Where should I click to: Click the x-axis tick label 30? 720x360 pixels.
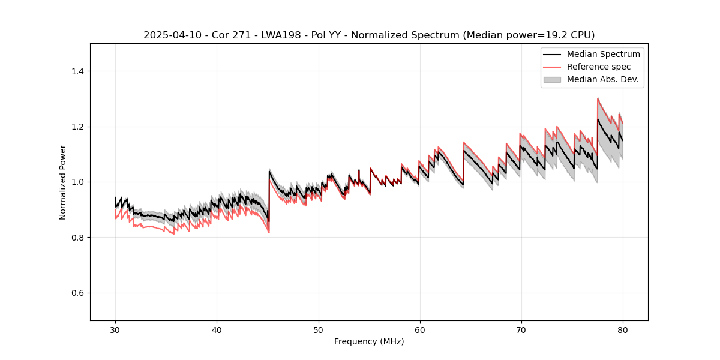pyautogui.click(x=115, y=330)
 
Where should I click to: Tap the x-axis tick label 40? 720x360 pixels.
pyautogui.click(x=217, y=330)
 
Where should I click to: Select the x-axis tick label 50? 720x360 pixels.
pyautogui.click(x=318, y=330)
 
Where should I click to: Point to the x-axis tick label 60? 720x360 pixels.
pyautogui.click(x=419, y=330)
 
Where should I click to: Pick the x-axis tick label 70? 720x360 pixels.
pyautogui.click(x=521, y=330)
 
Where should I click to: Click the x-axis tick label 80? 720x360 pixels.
pyautogui.click(x=622, y=330)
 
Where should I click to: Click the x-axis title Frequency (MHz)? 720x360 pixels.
pyautogui.click(x=369, y=341)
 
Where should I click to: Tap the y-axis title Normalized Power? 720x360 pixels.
pyautogui.click(x=63, y=182)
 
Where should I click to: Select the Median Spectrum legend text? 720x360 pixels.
pyautogui.click(x=603, y=54)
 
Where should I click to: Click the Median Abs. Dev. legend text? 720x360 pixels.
pyautogui.click(x=602, y=79)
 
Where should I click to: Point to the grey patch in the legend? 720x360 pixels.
pyautogui.click(x=552, y=79)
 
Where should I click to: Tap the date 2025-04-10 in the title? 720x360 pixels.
pyautogui.click(x=169, y=35)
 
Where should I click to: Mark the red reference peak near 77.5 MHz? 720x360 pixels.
pyautogui.click(x=598, y=99)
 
